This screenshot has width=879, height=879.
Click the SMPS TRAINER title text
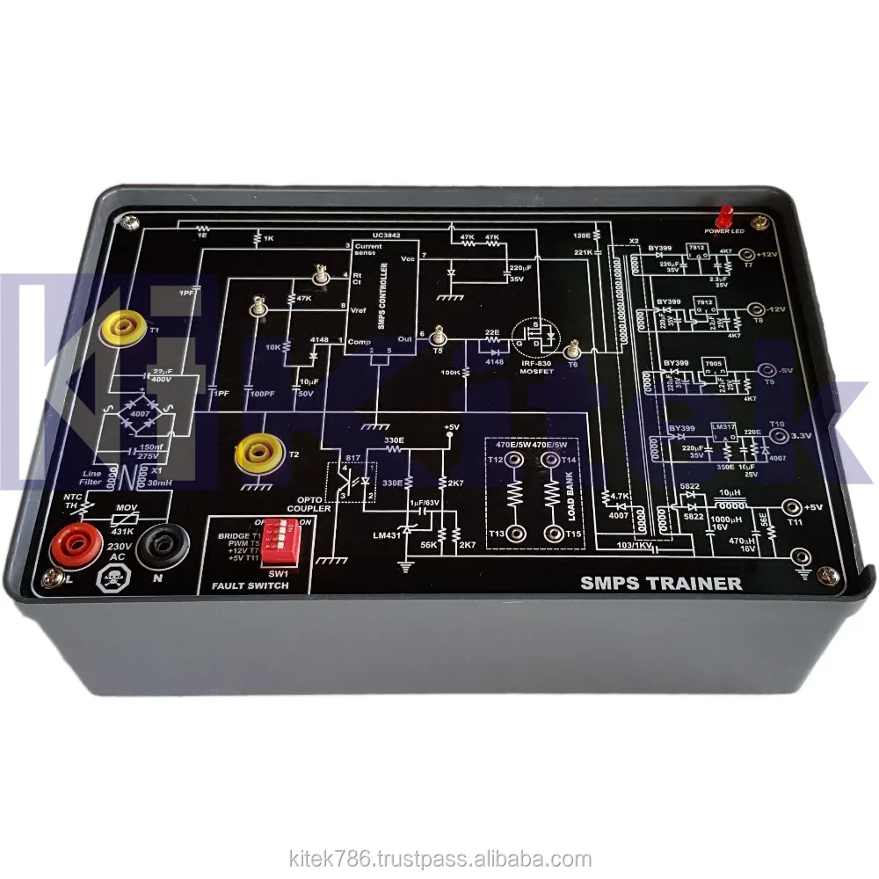coord(661,583)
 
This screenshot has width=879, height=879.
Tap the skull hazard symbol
coord(113,579)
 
